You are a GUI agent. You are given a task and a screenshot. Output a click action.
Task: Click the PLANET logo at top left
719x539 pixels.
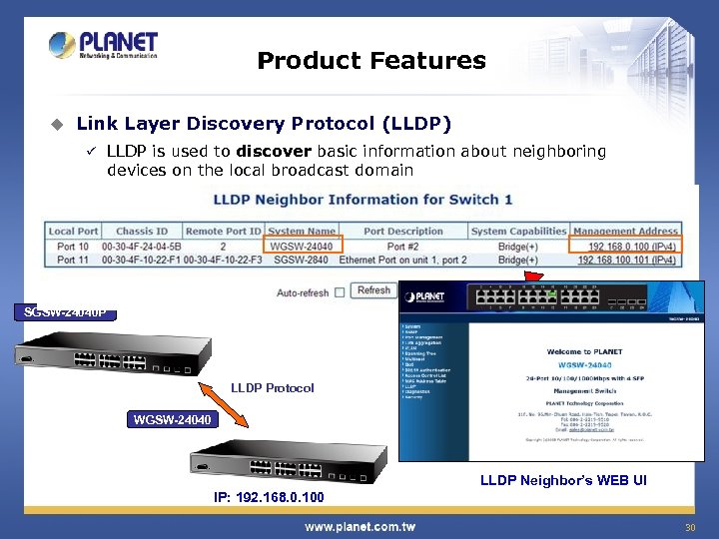[104, 47]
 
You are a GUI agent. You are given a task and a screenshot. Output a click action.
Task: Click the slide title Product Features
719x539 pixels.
[370, 61]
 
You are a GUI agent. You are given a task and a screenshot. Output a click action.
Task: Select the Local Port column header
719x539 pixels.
[74, 232]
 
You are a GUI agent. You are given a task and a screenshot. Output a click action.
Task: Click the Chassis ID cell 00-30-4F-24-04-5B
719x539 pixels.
[149, 246]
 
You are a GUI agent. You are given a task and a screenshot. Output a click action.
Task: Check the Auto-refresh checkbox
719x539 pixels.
[340, 291]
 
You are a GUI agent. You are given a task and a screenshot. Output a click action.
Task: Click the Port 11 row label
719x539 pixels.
[74, 260]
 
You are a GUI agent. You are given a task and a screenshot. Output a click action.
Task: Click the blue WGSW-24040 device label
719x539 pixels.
[173, 419]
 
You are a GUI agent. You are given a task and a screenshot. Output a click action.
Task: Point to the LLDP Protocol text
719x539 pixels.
[272, 387]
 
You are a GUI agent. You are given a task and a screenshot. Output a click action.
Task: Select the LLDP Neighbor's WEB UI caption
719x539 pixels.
[563, 481]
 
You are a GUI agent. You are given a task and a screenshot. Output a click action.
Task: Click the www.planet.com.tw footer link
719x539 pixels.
[359, 526]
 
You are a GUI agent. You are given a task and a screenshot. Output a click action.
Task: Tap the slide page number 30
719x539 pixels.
[689, 527]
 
